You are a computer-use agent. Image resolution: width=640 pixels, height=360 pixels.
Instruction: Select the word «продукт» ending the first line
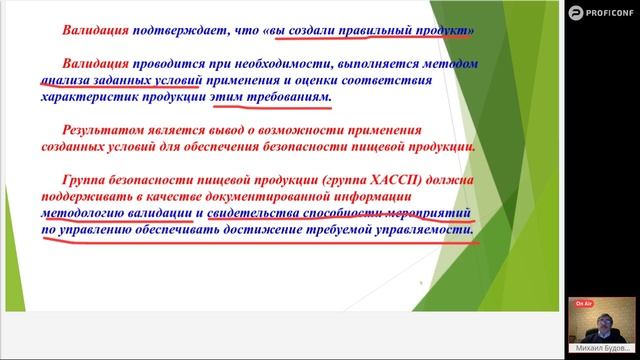(441, 31)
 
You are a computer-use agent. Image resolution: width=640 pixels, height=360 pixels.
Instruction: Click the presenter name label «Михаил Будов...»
(604, 348)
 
